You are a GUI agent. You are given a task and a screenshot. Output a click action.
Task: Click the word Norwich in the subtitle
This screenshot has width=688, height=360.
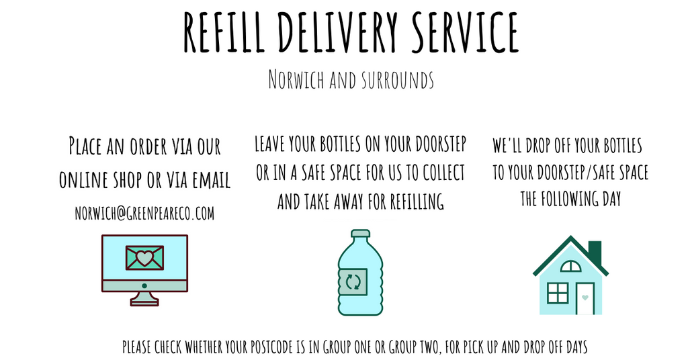(x=296, y=80)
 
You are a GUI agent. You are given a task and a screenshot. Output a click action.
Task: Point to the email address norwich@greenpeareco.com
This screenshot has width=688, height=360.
(x=144, y=213)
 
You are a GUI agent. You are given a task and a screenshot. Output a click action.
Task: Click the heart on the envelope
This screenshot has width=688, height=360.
(x=144, y=257)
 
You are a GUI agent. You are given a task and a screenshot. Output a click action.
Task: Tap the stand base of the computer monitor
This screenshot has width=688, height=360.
(x=144, y=302)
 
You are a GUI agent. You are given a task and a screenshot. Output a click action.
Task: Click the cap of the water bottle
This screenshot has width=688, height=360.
(x=360, y=235)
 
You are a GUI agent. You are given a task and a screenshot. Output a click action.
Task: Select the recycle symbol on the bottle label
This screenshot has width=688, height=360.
(x=353, y=281)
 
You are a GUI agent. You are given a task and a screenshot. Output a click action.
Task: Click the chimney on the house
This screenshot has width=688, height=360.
(x=595, y=253)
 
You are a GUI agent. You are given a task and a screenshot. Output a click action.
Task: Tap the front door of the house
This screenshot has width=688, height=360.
(x=585, y=298)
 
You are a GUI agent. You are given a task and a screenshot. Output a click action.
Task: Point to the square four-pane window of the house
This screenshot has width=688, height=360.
(x=558, y=293)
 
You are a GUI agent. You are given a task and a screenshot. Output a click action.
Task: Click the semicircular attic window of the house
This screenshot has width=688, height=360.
(x=570, y=266)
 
